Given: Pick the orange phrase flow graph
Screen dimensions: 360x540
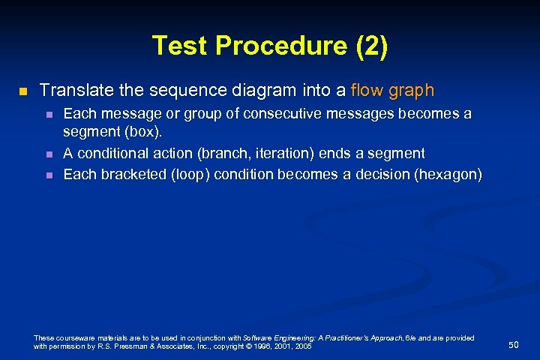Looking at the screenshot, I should pos(392,91).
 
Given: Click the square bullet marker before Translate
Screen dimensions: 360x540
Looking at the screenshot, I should pos(22,91).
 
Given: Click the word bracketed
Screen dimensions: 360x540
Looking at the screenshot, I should pos(130,175).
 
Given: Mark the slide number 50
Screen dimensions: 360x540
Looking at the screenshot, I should pos(513,344).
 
